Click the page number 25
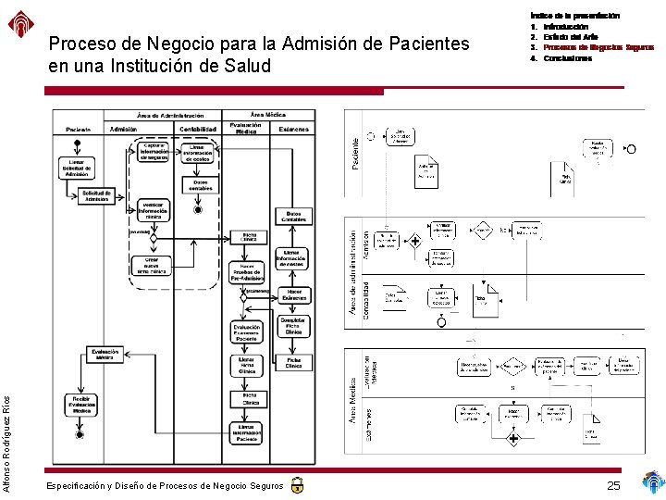(613, 485)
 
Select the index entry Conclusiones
(567, 58)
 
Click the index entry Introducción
(566, 27)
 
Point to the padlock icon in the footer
(296, 484)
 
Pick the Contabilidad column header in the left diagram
(197, 129)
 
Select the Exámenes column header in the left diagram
(293, 129)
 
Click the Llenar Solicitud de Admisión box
(78, 167)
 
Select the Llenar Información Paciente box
(246, 432)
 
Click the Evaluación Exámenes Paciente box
(246, 331)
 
